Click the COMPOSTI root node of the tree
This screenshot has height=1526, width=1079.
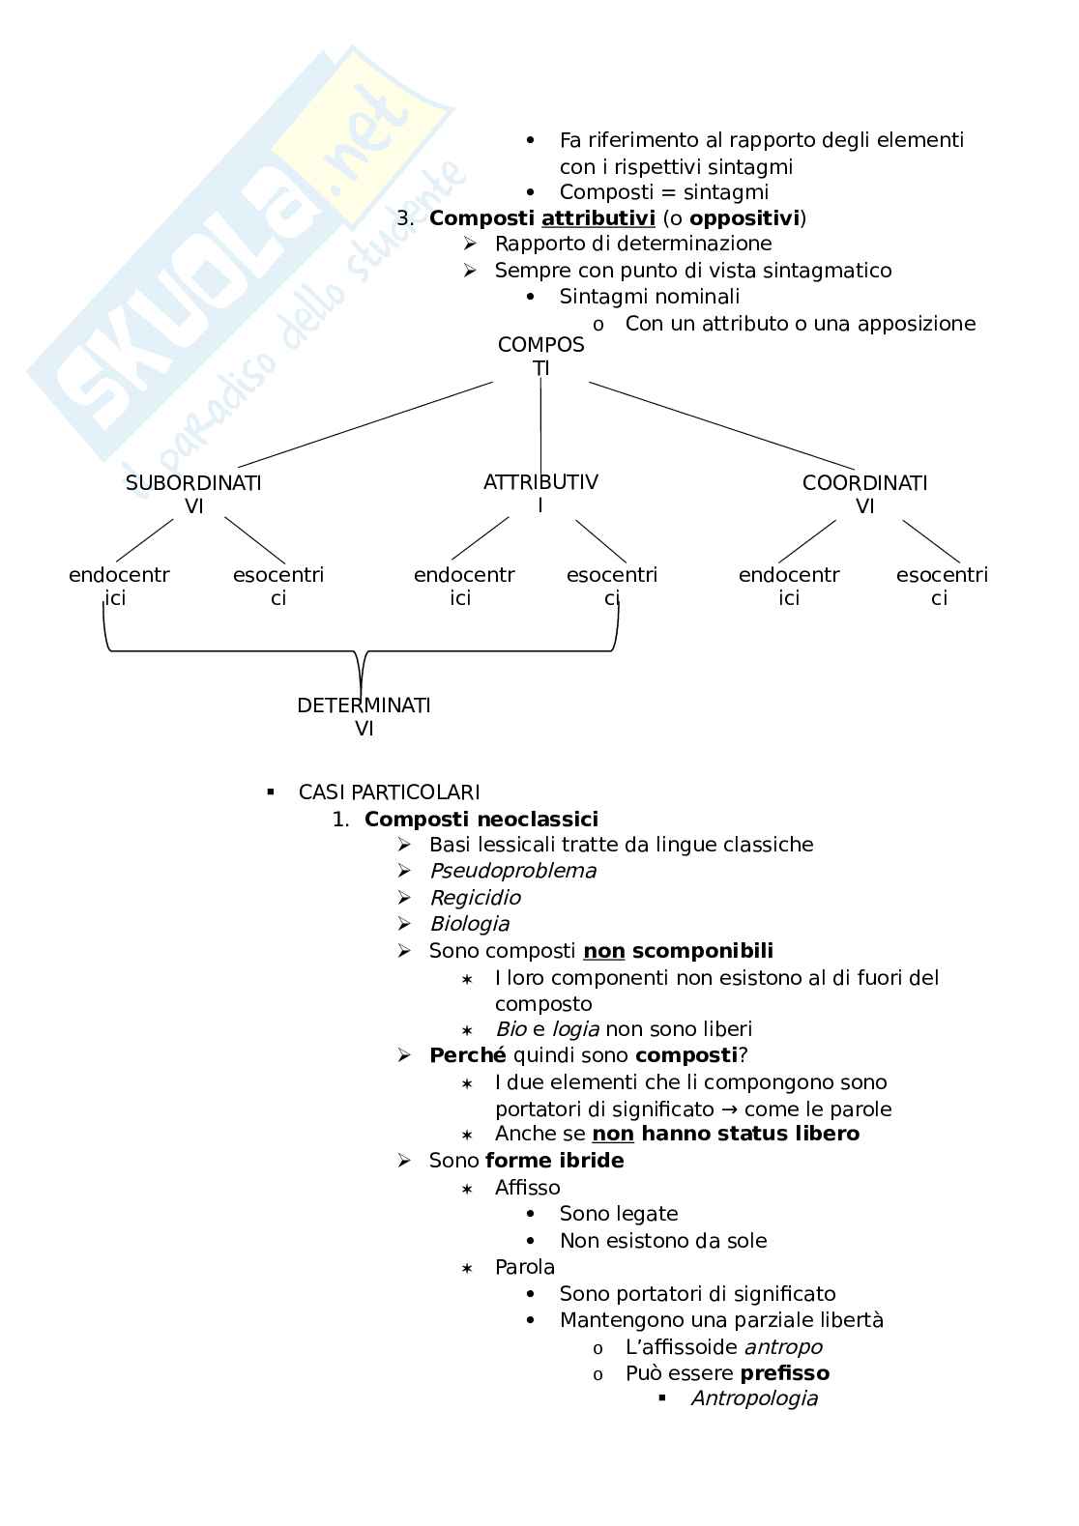click(541, 356)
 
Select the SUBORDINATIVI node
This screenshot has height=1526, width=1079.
click(193, 494)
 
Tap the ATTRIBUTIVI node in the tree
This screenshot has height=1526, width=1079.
click(540, 493)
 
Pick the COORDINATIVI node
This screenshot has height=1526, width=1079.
click(864, 494)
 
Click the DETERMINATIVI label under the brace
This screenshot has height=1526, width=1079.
click(364, 716)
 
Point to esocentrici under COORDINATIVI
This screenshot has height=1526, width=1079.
click(941, 587)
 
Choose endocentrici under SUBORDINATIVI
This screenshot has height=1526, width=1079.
click(118, 587)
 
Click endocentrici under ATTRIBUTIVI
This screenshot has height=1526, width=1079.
click(463, 587)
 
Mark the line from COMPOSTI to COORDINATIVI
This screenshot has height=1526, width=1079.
click(722, 427)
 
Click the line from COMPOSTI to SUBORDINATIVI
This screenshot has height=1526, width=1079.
click(365, 425)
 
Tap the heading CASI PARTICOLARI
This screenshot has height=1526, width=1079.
click(389, 792)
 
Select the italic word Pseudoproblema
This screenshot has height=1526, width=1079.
click(512, 871)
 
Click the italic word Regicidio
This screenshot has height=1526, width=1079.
click(475, 898)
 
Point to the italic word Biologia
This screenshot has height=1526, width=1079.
click(469, 924)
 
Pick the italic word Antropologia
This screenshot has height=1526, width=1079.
click(754, 1399)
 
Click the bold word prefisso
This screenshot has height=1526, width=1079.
click(785, 1373)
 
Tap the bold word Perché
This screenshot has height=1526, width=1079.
click(467, 1055)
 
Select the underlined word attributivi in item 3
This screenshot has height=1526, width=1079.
click(598, 218)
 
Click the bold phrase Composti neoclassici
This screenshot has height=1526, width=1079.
click(481, 820)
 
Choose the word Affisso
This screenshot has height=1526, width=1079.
click(527, 1188)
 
